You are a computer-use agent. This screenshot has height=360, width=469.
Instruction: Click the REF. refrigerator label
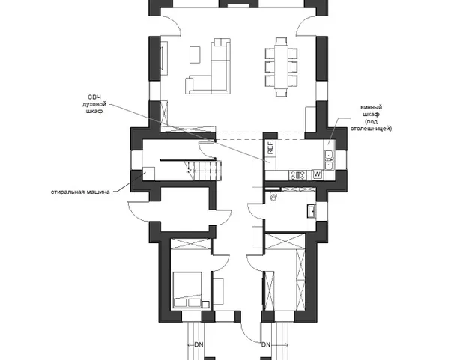point(270,147)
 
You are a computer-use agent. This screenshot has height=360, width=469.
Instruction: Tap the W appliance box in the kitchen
point(318,174)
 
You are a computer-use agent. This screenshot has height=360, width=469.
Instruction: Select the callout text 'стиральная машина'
point(80,192)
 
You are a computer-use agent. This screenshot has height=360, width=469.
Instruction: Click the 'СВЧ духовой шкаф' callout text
point(94,104)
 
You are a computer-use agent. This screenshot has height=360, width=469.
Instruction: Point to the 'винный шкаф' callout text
point(371,111)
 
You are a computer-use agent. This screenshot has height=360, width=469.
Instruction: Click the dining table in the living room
point(282,67)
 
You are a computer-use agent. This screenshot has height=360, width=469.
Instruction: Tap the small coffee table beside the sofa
point(195,55)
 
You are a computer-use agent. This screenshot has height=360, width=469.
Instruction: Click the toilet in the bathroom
point(273,196)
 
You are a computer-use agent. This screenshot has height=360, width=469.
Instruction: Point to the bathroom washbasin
point(312,211)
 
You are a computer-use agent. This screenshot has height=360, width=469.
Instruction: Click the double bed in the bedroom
point(187,290)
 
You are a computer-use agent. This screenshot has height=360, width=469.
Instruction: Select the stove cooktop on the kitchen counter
point(297,175)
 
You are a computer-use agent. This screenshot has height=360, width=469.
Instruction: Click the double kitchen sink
point(329,160)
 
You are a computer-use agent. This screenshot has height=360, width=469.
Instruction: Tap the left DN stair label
point(199,344)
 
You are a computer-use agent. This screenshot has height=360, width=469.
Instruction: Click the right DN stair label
point(266,344)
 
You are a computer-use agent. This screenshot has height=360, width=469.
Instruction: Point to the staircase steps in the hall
point(203,171)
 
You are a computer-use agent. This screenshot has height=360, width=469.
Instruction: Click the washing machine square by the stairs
point(148,174)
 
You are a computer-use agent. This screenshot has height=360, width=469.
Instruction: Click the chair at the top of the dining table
point(282,41)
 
